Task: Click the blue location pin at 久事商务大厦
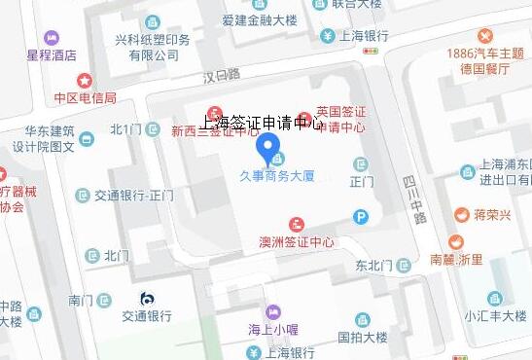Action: click(269, 150)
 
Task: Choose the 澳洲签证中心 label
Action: click(298, 241)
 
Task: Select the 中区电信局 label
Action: click(85, 97)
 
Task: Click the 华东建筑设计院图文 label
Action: click(51, 139)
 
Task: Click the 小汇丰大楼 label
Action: click(496, 314)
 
